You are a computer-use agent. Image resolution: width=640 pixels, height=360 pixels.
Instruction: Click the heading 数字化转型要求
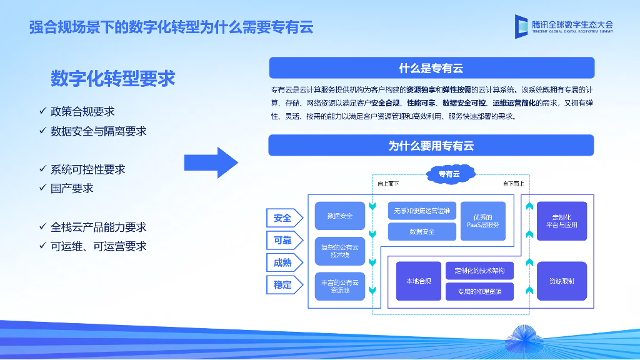pos(112,79)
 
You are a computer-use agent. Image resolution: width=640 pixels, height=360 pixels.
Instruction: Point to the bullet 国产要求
pos(72,188)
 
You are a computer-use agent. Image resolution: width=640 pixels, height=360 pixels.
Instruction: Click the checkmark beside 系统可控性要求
pos(43,169)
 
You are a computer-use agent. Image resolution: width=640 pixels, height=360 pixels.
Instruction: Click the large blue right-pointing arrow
pos(211,163)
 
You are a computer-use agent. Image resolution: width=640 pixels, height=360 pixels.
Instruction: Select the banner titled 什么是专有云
pos(431,68)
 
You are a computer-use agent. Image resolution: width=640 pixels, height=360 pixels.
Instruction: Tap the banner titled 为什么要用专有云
pos(431,146)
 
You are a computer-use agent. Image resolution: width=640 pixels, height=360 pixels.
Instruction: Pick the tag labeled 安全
pos(283,218)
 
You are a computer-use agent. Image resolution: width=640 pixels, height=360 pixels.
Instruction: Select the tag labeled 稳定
pos(283,285)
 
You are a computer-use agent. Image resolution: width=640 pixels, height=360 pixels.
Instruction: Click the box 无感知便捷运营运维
pos(422,211)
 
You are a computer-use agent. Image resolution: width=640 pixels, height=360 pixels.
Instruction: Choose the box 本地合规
pos(418,281)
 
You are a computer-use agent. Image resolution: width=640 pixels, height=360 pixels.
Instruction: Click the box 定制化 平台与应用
pos(562,221)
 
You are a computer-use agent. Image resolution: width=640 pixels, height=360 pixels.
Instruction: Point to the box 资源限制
pos(562,281)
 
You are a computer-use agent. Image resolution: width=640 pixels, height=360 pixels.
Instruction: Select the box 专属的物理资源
pos(480,292)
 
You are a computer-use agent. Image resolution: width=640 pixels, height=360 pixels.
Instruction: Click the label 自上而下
pos(388,184)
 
